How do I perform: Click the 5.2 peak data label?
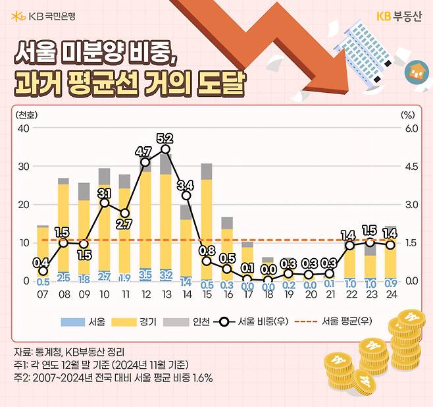click(x=165, y=138)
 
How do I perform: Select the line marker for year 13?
click(x=165, y=149)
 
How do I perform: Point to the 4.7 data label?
click(x=143, y=151)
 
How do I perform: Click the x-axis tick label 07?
click(x=43, y=294)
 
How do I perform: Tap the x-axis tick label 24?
click(x=391, y=294)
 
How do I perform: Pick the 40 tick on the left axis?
click(x=23, y=128)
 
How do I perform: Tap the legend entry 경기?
click(x=139, y=322)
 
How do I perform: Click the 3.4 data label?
click(x=186, y=184)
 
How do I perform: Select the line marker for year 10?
click(x=104, y=202)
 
